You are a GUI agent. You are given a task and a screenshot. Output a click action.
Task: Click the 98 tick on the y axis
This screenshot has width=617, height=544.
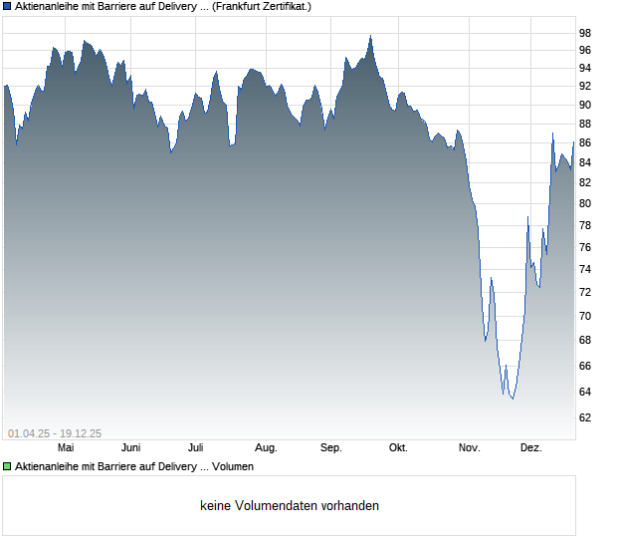(x=585, y=32)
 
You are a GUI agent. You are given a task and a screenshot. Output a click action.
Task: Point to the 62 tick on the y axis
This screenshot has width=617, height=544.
(x=585, y=417)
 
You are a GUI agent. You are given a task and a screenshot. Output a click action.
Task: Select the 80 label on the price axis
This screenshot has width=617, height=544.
(x=585, y=203)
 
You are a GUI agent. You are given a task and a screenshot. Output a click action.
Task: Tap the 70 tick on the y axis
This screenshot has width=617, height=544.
(x=585, y=316)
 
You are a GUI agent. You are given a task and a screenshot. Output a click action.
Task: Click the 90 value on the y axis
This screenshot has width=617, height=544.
(x=585, y=105)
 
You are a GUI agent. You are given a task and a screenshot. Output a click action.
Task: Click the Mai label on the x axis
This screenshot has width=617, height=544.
(x=66, y=447)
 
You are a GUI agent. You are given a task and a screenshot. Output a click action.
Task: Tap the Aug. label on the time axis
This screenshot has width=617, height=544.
(x=266, y=447)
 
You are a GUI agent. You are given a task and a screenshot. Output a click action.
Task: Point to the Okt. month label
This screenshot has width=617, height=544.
(x=398, y=447)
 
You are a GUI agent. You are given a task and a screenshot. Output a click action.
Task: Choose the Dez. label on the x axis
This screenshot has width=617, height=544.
(x=530, y=447)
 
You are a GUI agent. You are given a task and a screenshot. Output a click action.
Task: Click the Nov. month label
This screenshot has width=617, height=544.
(x=469, y=447)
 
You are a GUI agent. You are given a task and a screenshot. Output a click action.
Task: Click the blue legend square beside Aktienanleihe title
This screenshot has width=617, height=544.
(x=7, y=6)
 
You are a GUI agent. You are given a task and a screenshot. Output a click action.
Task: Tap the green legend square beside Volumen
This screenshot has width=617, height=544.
(x=7, y=466)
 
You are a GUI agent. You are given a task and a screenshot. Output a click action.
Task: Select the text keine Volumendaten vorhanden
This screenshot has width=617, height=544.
(x=290, y=505)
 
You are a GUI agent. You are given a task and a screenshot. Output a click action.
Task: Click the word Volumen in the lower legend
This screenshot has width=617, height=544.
(x=234, y=466)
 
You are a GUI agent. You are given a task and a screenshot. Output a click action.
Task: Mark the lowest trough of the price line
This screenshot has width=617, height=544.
(x=512, y=399)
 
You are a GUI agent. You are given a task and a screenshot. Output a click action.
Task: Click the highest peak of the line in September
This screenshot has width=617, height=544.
(x=370, y=37)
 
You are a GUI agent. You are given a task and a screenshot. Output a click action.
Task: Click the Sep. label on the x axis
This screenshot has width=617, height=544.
(x=331, y=447)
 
